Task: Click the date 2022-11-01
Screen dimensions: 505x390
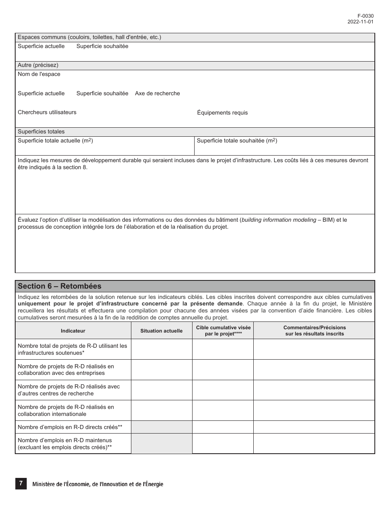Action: pos(360,22)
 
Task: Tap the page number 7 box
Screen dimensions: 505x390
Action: pos(21,484)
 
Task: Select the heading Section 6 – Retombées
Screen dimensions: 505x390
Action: pos(60,286)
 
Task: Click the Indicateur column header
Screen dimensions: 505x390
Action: pos(73,331)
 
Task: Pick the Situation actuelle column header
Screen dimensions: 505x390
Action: pos(161,331)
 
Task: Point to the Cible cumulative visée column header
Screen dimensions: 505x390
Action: pos(223,331)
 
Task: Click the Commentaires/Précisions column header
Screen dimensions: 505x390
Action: pos(314,331)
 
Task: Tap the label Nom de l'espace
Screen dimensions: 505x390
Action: pos(39,74)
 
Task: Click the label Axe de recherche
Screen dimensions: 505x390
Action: pos(157,94)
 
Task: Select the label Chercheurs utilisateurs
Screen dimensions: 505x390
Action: pos(47,112)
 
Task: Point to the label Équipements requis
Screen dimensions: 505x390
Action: pos(222,113)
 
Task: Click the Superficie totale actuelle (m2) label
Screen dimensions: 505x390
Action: pos(55,141)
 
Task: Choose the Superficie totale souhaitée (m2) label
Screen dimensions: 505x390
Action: pos(237,141)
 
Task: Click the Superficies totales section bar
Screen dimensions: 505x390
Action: pos(41,132)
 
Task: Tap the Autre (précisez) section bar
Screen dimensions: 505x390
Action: pos(38,65)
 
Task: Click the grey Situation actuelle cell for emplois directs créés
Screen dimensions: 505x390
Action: pos(161,427)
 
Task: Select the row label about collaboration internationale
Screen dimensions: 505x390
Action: pos(66,411)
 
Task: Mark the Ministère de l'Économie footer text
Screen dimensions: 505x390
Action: pos(98,484)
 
